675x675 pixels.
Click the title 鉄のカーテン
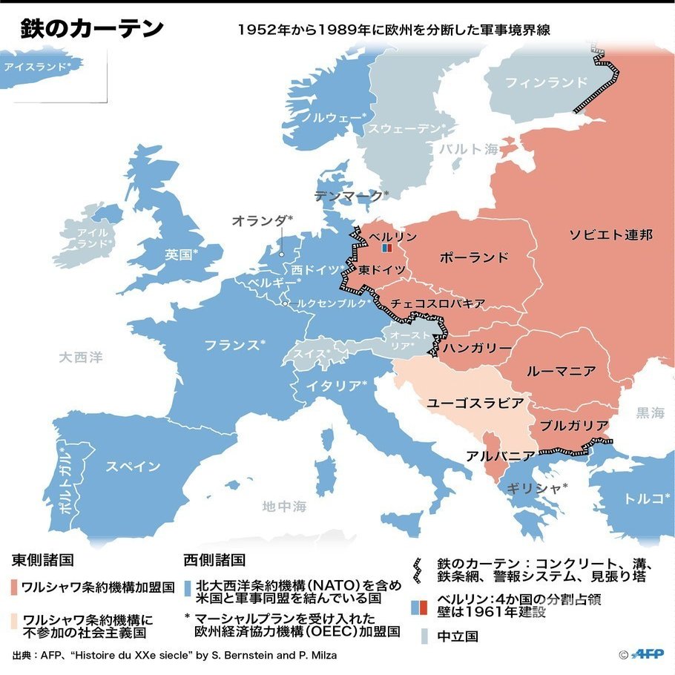point(91,29)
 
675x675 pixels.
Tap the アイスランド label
point(37,67)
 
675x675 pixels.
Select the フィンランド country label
point(545,82)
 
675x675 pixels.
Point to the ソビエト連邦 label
point(610,235)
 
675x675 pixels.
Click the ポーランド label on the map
point(473,257)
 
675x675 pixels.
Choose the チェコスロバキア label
point(438,303)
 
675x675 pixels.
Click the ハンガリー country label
point(477,348)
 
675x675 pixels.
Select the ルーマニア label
point(560,370)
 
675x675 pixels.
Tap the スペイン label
point(133,467)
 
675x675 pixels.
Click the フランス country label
point(234,345)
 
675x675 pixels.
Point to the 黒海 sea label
point(650,412)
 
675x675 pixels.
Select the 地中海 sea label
point(284,507)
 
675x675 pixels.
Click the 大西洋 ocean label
point(81,358)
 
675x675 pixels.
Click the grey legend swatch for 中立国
point(424,636)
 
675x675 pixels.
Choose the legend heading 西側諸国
point(214,560)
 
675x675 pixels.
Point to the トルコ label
point(642,498)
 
